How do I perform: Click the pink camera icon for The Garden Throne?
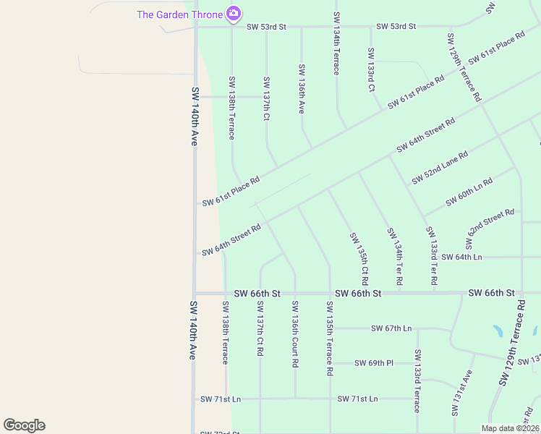pyautogui.click(x=233, y=13)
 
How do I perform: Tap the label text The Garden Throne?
pyautogui.click(x=180, y=14)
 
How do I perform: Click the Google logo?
pyautogui.click(x=24, y=425)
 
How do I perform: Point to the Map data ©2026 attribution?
pyautogui.click(x=510, y=428)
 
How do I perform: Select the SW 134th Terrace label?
pyautogui.click(x=336, y=43)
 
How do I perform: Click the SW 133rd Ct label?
pyautogui.click(x=370, y=69)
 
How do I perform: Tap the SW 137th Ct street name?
pyautogui.click(x=266, y=98)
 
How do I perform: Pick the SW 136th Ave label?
pyautogui.click(x=302, y=88)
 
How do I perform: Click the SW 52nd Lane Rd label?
pyautogui.click(x=440, y=168)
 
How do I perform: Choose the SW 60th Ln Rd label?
pyautogui.click(x=469, y=191)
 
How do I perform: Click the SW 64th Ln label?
pyautogui.click(x=461, y=258)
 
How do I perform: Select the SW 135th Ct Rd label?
pyautogui.click(x=359, y=258)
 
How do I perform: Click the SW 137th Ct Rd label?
pyautogui.click(x=260, y=329)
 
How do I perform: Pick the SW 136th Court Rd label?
pyautogui.click(x=294, y=334)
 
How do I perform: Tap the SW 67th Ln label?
pyautogui.click(x=391, y=328)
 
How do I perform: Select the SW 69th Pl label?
pyautogui.click(x=374, y=362)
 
